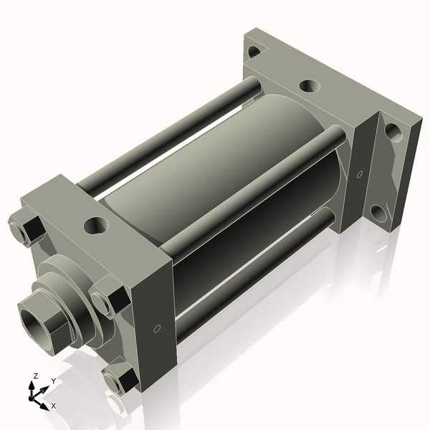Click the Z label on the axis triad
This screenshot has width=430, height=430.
click(x=34, y=375)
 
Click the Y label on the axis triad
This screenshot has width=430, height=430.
click(x=53, y=381)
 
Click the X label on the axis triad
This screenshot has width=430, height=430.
click(x=53, y=405)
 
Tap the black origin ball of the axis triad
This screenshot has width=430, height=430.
click(x=33, y=395)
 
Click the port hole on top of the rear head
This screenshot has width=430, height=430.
click(x=309, y=87)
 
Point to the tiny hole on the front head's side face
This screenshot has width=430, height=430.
click(x=157, y=330)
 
